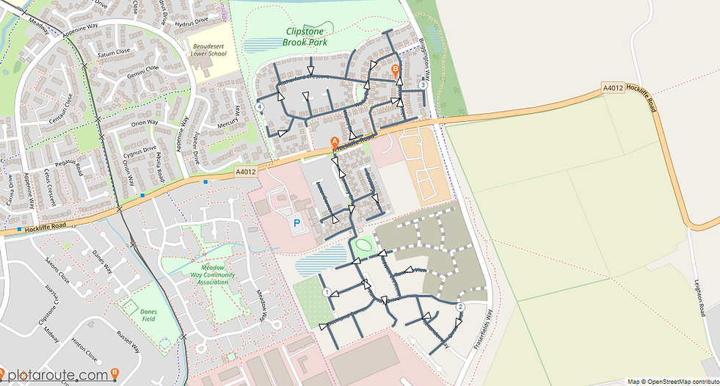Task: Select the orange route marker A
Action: coord(335,142)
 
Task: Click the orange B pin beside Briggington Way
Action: coord(396,70)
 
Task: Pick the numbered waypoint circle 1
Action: coord(327,292)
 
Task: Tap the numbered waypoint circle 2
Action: coord(460,306)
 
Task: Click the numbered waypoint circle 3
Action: coord(423,84)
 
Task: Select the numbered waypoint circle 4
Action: coord(261,107)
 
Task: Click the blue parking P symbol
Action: coord(297,221)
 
